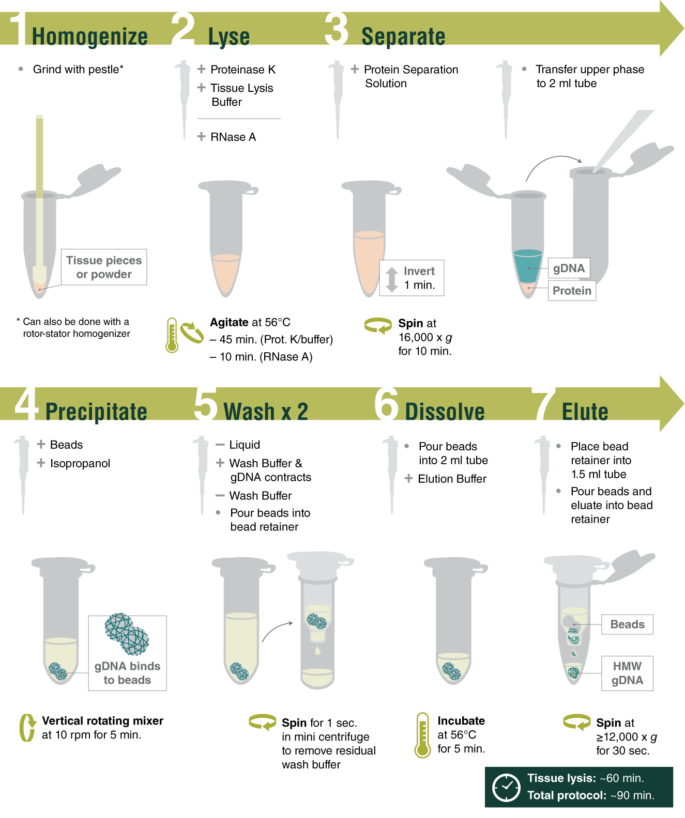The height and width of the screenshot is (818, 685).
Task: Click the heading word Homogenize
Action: point(90,37)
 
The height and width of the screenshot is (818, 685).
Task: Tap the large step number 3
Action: point(337,29)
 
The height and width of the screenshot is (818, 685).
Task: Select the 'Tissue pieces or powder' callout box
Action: point(104,267)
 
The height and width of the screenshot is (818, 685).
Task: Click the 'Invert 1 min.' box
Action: point(412,278)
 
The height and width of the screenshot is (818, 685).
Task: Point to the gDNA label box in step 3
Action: point(569,268)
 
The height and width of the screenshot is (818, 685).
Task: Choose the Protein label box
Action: point(572,291)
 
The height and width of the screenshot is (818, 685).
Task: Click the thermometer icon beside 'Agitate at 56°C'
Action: point(172,336)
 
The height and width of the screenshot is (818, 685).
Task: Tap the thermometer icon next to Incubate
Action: point(423,735)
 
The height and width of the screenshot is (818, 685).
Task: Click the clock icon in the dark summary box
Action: point(506,788)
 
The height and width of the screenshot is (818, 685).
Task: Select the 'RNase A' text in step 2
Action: point(233,137)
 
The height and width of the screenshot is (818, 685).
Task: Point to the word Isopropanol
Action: point(80,463)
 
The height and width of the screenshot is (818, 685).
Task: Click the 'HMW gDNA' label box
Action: point(627,673)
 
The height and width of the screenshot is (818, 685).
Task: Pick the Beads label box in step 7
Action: point(627,624)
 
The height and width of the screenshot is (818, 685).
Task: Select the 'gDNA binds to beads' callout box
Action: point(127,653)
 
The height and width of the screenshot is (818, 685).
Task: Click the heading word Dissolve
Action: point(445,412)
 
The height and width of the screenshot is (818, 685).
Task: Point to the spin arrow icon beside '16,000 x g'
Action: point(378,326)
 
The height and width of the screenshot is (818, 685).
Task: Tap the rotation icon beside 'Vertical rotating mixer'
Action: point(27,728)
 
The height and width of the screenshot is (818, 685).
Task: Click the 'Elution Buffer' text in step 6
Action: point(452,479)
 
